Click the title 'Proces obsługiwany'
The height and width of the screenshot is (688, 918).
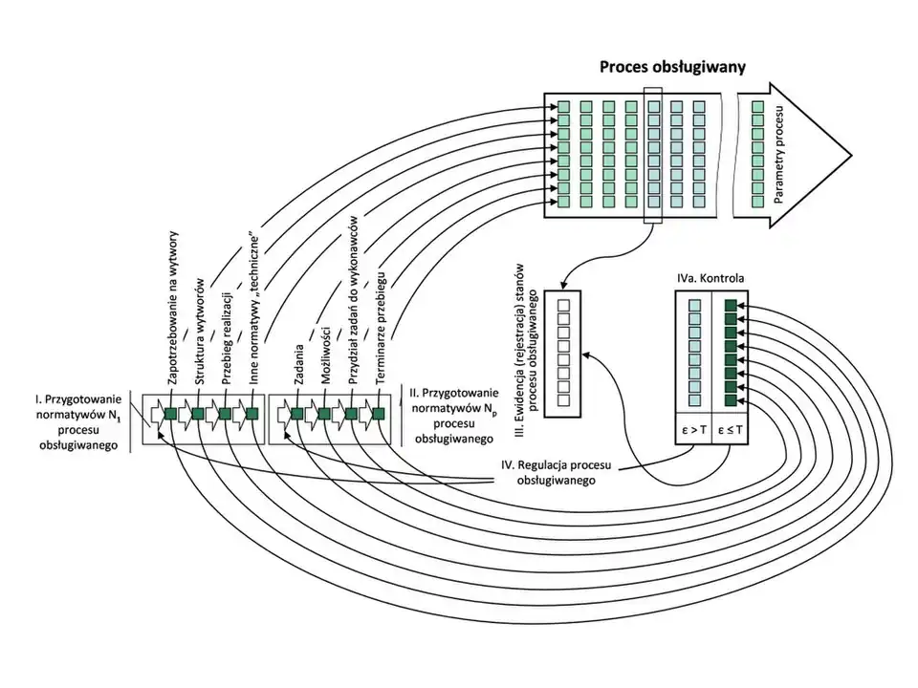point(672,67)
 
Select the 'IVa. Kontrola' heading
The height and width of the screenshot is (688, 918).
point(710,279)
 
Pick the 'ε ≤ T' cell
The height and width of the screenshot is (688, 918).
point(730,430)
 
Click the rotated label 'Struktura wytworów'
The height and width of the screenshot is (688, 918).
point(201,331)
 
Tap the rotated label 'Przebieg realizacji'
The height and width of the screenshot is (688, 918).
point(229,336)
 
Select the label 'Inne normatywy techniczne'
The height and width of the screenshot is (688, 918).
point(255,306)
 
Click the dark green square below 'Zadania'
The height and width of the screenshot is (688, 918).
point(297,414)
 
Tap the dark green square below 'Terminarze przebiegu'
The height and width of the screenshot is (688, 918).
point(378,414)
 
